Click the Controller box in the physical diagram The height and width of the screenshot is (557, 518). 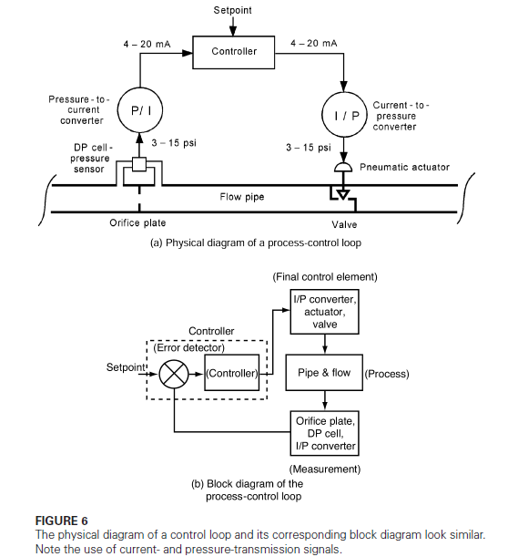point(234,51)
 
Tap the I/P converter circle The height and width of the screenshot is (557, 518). point(343,115)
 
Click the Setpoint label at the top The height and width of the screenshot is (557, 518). point(233,10)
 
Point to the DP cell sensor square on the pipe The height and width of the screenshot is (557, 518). point(139,166)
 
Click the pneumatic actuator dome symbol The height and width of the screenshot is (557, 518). point(343,169)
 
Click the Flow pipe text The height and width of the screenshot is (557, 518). point(242,196)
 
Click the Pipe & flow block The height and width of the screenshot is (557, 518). point(324,373)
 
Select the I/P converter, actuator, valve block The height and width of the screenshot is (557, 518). point(325,312)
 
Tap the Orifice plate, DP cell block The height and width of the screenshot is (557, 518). point(325,433)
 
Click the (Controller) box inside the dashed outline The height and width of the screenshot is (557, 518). point(233,374)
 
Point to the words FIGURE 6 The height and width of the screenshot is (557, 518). point(65,521)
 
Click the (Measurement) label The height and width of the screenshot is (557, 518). point(324,469)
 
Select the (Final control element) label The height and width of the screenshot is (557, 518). point(324,276)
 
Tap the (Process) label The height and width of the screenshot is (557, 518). point(386,374)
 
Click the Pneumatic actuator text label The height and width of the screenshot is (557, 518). point(404,168)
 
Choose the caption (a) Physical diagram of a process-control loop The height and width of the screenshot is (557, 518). point(255,242)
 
